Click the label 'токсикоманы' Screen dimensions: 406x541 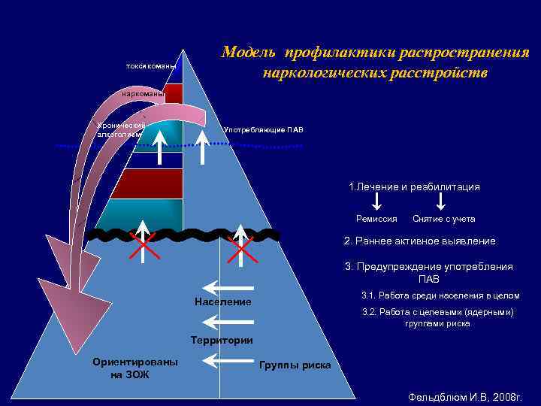coord(151,66)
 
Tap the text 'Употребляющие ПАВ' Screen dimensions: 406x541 coord(264,130)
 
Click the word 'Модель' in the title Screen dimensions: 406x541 coord(249,53)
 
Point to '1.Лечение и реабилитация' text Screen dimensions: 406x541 coord(414,186)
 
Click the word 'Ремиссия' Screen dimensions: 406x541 coord(376,219)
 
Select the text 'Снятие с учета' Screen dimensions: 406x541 coord(443,219)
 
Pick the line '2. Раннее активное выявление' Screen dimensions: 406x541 coord(419,241)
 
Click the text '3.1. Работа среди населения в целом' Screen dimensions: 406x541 coord(440,295)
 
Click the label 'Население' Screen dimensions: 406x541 coord(222,301)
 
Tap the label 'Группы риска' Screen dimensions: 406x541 coord(295,365)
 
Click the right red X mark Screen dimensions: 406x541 coord(240,247)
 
